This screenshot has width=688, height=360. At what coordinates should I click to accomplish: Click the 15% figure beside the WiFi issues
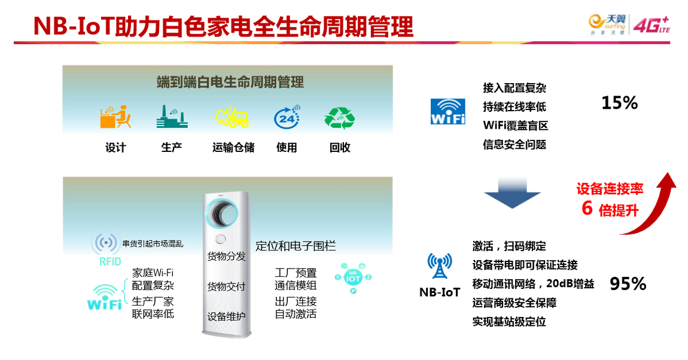(620, 103)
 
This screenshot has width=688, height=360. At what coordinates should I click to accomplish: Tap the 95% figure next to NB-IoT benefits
(628, 284)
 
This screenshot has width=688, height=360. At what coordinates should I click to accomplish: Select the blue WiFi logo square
(447, 111)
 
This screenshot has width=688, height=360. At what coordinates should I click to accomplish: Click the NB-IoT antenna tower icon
(440, 266)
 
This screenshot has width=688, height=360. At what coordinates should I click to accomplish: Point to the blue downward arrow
(512, 193)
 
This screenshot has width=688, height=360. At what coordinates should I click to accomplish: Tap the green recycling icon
(340, 118)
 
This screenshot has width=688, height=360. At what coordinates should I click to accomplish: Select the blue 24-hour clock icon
(287, 117)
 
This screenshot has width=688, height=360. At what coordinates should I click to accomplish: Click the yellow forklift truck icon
(232, 117)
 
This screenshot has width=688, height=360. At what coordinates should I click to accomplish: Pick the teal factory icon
(172, 117)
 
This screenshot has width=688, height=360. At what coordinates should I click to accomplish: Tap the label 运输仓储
(233, 148)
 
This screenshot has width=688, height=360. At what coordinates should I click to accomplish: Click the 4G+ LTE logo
(652, 25)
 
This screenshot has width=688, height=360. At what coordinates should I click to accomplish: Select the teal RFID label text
(109, 262)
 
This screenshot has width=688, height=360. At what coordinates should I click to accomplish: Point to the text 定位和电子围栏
(296, 246)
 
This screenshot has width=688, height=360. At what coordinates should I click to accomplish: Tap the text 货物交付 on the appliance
(226, 287)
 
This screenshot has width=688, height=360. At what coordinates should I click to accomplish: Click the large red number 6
(587, 208)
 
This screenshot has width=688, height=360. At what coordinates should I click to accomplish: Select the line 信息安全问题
(515, 145)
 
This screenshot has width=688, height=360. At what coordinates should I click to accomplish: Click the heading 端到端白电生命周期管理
(230, 82)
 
